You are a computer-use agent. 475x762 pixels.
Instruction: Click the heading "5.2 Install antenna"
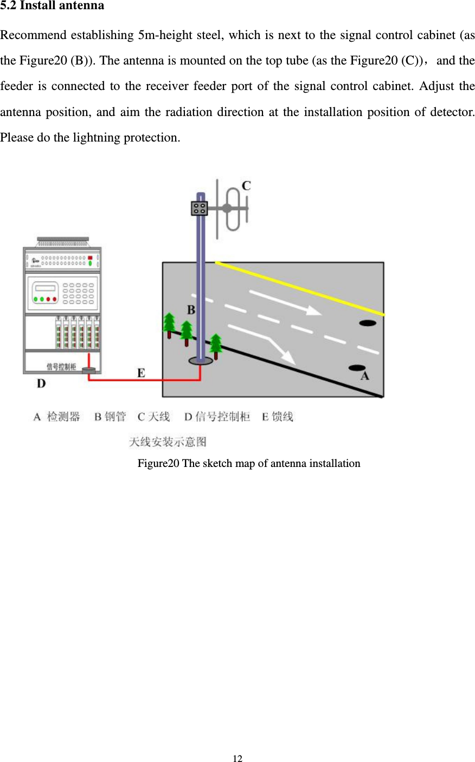(x=52, y=6)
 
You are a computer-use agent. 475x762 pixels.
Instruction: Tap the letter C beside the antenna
(x=246, y=186)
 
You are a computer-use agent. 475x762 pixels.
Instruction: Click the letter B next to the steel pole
(x=191, y=310)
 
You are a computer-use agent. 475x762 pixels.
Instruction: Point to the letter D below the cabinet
(x=41, y=383)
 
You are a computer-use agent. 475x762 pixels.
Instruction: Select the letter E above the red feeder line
(x=141, y=373)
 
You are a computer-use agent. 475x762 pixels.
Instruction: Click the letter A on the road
(x=364, y=376)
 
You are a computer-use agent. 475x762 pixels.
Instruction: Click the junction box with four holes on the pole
(x=200, y=208)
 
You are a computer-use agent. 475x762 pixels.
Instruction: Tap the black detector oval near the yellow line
(x=368, y=323)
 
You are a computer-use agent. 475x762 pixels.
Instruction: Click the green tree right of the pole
(x=216, y=345)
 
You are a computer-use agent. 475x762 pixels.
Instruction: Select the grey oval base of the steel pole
(x=200, y=361)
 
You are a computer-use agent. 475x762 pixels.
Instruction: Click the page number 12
(x=237, y=758)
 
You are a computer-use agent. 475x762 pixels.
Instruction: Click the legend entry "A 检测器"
(x=56, y=417)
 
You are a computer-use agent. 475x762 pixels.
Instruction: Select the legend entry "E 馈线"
(x=277, y=417)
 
